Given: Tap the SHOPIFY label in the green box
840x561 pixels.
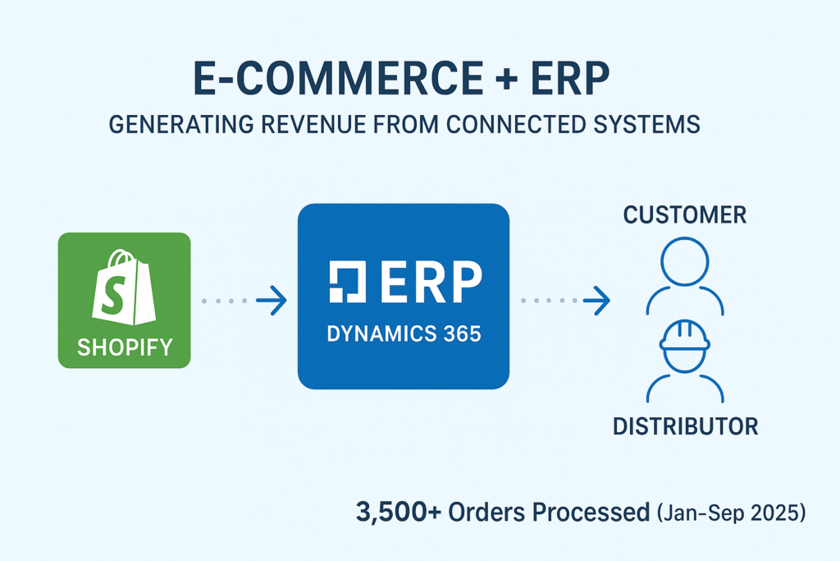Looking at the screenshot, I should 125,347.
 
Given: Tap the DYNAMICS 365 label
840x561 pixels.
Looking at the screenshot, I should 403,335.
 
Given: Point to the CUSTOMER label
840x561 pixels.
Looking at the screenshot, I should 685,215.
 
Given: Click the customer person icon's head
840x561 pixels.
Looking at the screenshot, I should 685,262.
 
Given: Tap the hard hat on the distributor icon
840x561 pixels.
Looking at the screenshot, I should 685,336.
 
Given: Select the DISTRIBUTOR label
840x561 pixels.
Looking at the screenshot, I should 685,426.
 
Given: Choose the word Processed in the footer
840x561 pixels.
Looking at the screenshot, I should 590,513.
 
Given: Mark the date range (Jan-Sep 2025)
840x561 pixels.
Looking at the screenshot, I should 732,513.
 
